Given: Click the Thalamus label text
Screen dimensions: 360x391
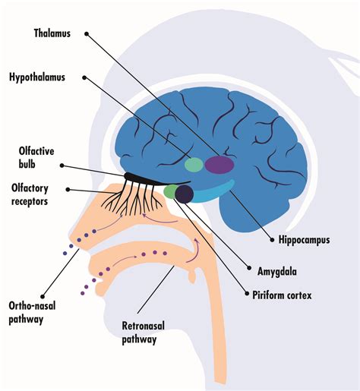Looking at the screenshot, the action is pos(52,33).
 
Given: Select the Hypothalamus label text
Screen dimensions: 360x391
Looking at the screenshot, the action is pos(37,77).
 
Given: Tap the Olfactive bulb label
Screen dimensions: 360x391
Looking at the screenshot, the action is pos(36,157).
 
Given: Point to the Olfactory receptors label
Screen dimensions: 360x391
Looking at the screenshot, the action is pos(30,195).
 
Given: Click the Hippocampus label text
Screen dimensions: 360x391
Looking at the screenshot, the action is pos(304,240).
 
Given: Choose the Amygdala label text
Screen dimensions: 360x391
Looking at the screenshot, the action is pos(277,272).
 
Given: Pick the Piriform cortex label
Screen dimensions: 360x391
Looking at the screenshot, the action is pos(282,295).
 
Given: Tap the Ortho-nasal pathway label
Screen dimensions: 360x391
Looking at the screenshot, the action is pos(32,312).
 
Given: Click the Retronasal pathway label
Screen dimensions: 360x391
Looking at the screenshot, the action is pos(143,333).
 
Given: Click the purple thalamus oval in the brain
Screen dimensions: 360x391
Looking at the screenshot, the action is pos(219,165).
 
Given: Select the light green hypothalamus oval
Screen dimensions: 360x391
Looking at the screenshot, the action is pos(194,165).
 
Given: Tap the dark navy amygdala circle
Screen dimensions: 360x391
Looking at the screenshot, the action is pos(185,194).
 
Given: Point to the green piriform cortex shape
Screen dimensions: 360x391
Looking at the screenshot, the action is pos(170,191).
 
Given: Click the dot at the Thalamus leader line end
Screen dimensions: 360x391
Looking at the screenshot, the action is pos(87,33).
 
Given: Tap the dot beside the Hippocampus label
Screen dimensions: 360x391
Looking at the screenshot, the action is pos(272,240).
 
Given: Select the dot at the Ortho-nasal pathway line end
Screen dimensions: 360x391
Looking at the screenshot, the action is pos(43,296).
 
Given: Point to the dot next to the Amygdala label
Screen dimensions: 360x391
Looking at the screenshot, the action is pos(249,268).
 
